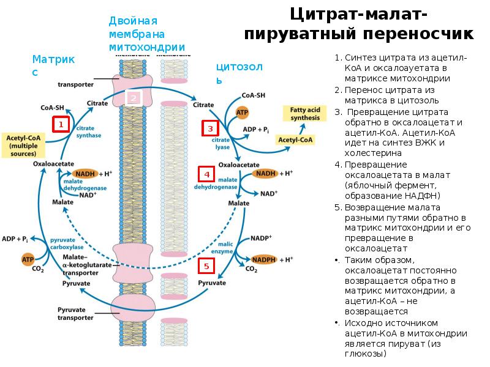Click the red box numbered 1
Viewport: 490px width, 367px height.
60,125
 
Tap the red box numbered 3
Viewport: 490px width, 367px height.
210,128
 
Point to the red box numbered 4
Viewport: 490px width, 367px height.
207,174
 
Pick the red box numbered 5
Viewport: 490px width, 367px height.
206,266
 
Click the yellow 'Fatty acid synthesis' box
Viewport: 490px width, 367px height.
301,113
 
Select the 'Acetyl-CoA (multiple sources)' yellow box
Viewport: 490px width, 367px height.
22,146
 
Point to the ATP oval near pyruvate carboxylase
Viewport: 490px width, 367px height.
28,259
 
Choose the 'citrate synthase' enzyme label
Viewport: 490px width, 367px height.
88,132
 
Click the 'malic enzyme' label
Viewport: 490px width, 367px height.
222,248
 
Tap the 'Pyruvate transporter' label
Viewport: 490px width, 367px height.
75,314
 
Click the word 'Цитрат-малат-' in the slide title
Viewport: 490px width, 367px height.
359,13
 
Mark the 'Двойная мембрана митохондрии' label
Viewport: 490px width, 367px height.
146,34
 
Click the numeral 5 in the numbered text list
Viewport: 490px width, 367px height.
337,207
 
